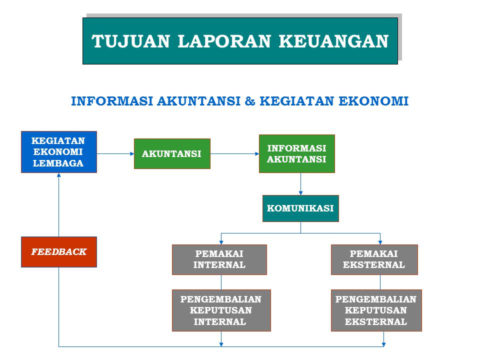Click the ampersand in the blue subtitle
250,101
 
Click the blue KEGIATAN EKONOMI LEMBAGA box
58,152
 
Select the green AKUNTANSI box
172,153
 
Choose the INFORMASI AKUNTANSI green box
296,153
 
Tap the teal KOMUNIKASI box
300,208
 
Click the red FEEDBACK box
58,251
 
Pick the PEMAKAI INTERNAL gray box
219,259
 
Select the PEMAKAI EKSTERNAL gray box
374,259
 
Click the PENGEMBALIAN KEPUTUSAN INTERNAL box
221,310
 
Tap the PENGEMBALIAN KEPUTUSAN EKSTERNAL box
376,310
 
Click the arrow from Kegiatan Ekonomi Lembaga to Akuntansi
115,153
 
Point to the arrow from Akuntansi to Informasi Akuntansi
234,153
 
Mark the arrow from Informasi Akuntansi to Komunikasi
300,184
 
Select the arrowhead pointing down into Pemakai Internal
221,241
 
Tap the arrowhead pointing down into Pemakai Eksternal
380,241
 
